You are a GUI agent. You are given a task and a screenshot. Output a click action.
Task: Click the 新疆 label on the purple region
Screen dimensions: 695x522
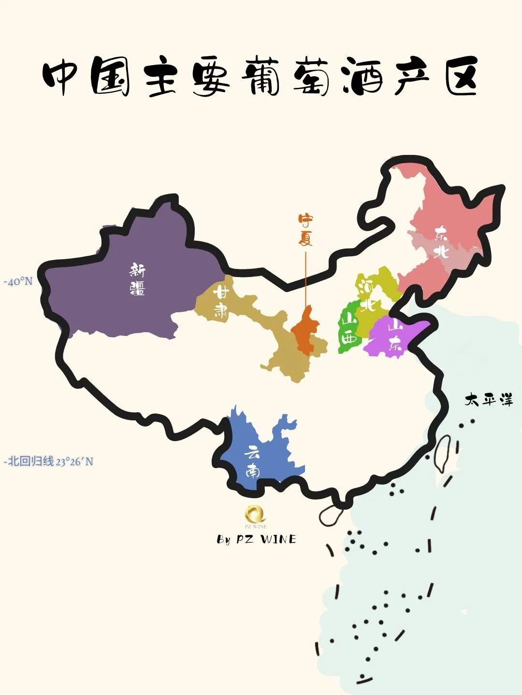pos(137,279)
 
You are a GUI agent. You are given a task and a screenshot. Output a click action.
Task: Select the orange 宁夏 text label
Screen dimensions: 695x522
pos(305,230)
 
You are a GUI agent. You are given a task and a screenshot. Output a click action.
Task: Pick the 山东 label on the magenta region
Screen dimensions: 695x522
pos(395,335)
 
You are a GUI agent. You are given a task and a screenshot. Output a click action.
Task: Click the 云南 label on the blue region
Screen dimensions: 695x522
pos(252,461)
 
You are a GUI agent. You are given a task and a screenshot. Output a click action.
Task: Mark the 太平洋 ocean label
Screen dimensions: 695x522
pos(488,400)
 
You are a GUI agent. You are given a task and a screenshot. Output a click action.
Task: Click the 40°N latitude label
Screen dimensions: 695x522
pos(18,281)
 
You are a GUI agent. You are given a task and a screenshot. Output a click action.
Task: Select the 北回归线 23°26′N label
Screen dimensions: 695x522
pos(49,461)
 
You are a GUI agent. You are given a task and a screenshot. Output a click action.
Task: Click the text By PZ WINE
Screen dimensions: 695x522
pos(256,539)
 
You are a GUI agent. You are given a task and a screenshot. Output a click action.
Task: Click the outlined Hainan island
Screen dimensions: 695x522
pos(330,515)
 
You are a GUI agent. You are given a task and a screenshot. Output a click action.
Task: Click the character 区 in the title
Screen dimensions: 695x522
pos(462,77)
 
